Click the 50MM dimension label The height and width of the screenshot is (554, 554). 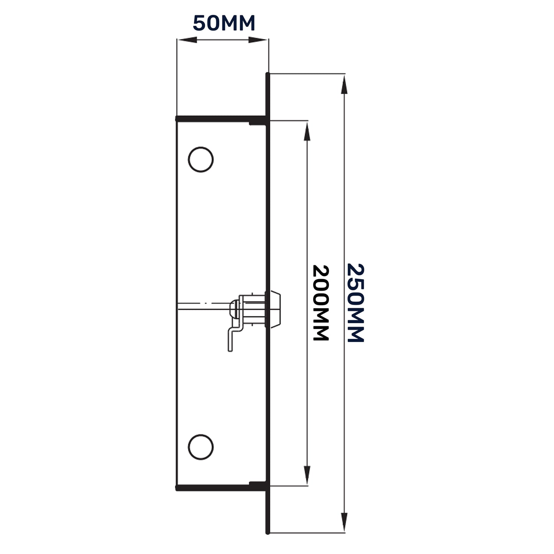pyautogui.click(x=224, y=24)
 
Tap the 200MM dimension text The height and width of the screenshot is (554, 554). pyautogui.click(x=321, y=302)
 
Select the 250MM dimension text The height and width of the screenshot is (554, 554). pyautogui.click(x=355, y=302)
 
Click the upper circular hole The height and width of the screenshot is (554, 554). pyautogui.click(x=201, y=159)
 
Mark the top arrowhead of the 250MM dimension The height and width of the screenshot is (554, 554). pyautogui.click(x=344, y=84)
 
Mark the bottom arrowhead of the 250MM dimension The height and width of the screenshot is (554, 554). pyautogui.click(x=344, y=521)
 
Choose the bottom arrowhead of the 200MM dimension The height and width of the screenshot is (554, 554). pyautogui.click(x=307, y=475)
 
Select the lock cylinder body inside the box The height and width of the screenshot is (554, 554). pyautogui.click(x=253, y=309)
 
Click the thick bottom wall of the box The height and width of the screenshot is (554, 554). pyautogui.click(x=220, y=488)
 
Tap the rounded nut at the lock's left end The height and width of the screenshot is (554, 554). pyautogui.click(x=233, y=309)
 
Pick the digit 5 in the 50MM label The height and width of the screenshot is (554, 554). pyautogui.click(x=199, y=24)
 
